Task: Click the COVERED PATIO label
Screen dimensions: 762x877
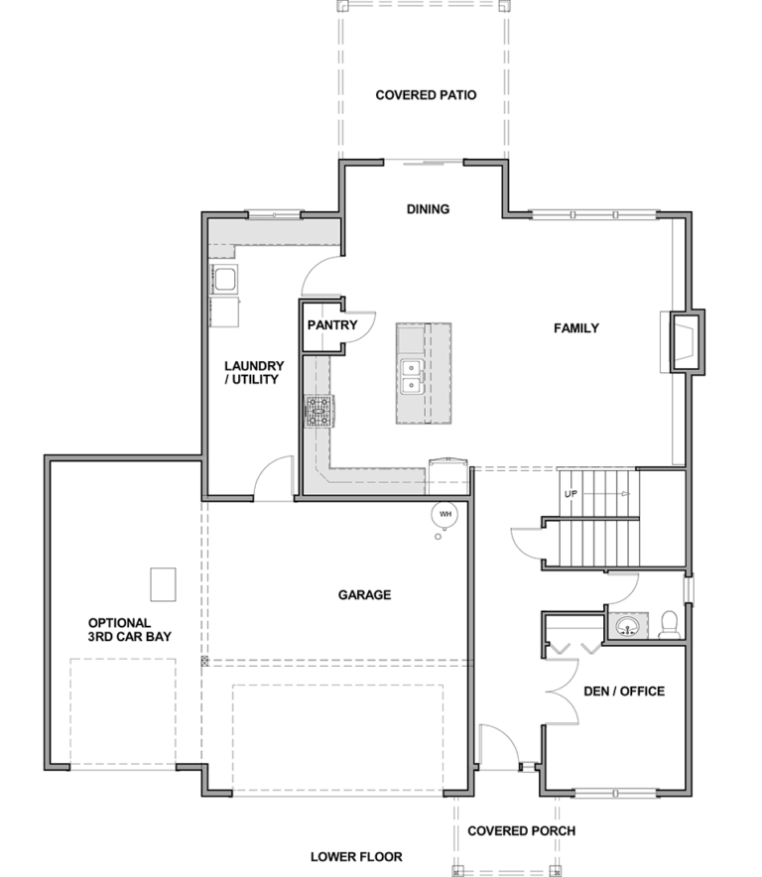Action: tap(426, 95)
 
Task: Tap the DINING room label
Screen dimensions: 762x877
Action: tap(428, 209)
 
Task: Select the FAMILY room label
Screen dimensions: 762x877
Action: tap(576, 328)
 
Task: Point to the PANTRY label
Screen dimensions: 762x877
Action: tap(332, 325)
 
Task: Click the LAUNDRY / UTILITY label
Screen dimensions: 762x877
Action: tap(254, 372)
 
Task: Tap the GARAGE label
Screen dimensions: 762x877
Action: tap(364, 594)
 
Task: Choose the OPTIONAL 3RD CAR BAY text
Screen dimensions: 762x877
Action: tap(130, 630)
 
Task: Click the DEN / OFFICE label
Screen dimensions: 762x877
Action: tap(624, 691)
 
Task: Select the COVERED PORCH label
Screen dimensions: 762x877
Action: tap(522, 831)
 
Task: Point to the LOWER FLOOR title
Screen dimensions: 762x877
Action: tap(356, 857)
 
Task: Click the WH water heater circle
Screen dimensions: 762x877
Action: tap(444, 514)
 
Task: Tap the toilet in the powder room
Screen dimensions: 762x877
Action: tap(669, 626)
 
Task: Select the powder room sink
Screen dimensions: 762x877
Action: tap(628, 626)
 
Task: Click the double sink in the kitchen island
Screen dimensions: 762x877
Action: tap(411, 376)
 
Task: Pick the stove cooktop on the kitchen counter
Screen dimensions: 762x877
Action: tap(319, 412)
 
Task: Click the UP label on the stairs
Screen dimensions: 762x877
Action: tap(571, 494)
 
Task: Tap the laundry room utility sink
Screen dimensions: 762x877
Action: tap(224, 279)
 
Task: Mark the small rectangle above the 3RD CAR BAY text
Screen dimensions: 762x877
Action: tap(163, 584)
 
